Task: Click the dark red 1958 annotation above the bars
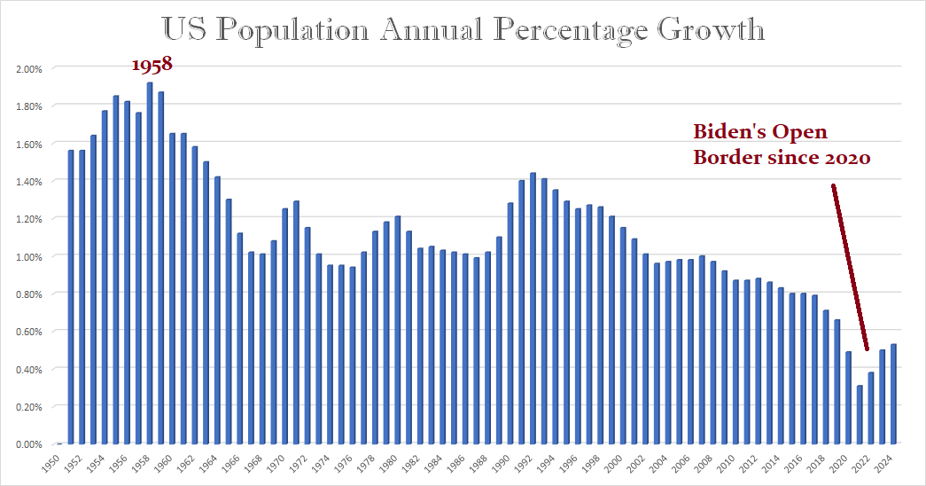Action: [x=152, y=65]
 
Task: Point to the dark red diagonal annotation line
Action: [x=850, y=266]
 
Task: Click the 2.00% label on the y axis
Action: [x=29, y=68]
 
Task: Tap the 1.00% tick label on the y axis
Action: [x=29, y=256]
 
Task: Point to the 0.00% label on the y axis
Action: [x=29, y=444]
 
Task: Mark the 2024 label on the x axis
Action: [x=892, y=464]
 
